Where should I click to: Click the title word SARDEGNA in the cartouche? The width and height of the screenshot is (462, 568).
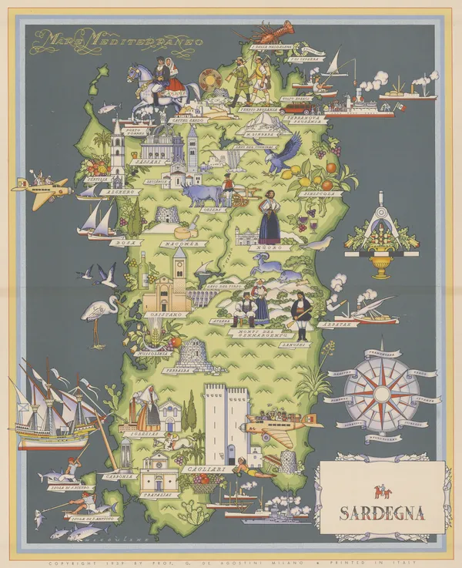click(x=382, y=513)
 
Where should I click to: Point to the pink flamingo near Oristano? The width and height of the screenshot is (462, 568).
click(x=95, y=312)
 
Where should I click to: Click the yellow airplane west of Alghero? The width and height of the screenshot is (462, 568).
click(x=42, y=188)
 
